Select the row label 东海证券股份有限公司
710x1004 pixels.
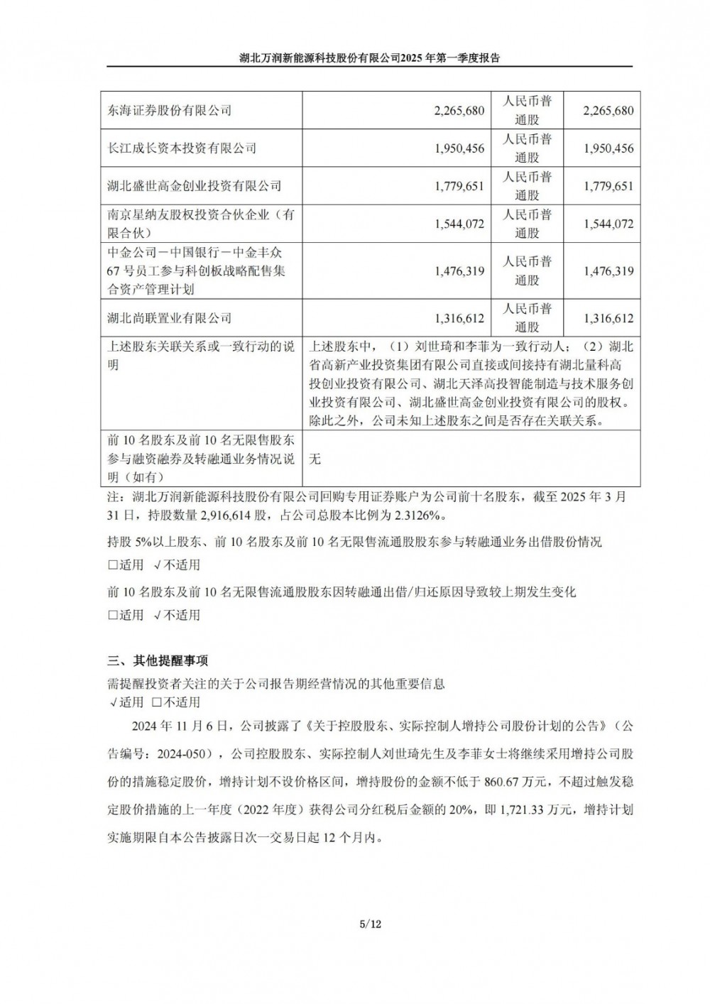(x=170, y=111)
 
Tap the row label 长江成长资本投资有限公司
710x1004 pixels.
(x=182, y=148)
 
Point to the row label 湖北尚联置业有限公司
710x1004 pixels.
(x=170, y=318)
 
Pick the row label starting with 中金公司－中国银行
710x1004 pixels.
(x=197, y=271)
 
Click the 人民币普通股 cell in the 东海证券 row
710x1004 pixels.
(x=527, y=111)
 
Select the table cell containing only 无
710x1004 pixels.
(x=315, y=459)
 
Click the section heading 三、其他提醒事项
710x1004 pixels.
(x=158, y=660)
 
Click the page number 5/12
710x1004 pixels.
(x=371, y=924)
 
